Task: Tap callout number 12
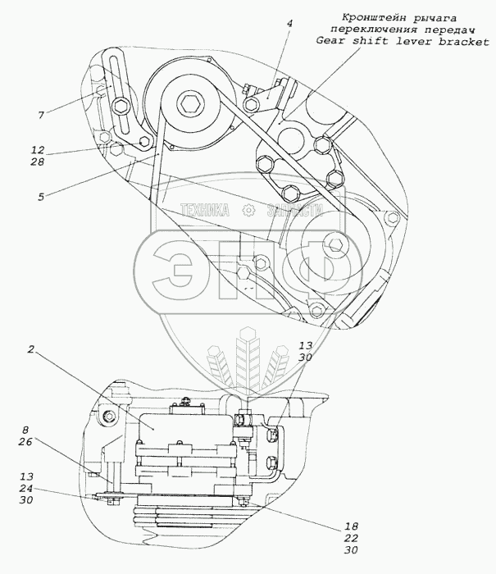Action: (38, 152)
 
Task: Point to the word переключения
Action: (335, 30)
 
